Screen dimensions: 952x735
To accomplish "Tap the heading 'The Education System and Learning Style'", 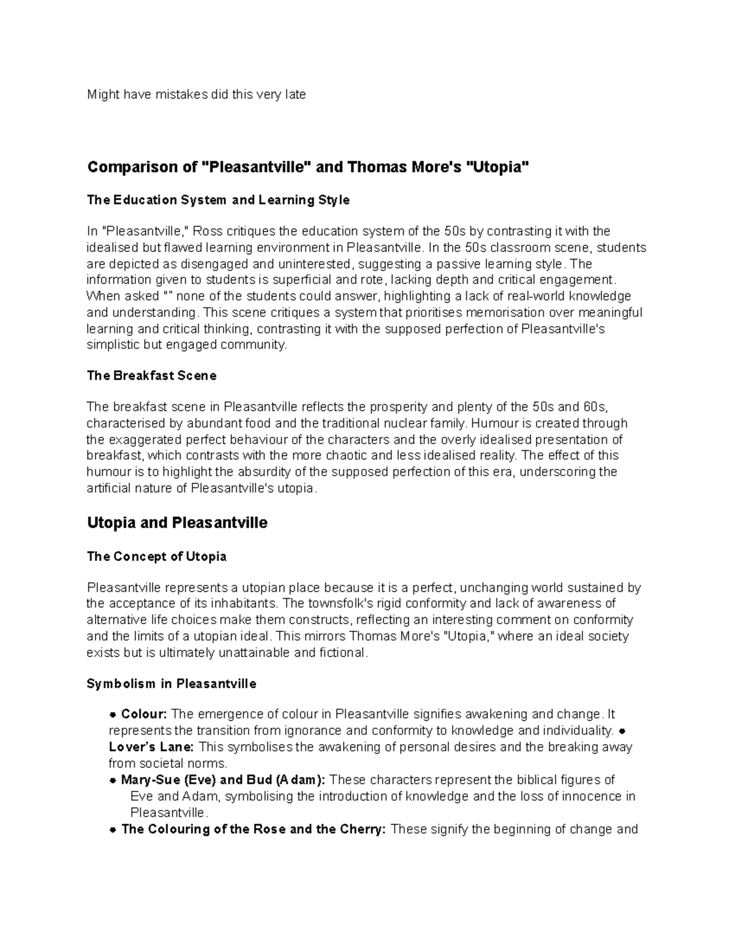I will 218,200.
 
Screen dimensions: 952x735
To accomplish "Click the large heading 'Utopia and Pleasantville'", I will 177,523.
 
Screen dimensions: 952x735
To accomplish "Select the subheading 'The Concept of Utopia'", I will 157,557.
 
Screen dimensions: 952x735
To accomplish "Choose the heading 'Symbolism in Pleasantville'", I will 171,684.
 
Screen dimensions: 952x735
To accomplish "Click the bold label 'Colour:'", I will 144,714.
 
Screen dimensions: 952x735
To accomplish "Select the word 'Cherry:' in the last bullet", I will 364,829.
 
